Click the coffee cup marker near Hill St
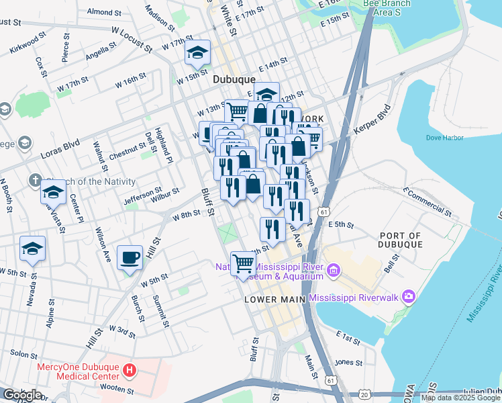(130, 257)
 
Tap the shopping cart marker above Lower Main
(243, 263)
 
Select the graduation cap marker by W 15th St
(198, 52)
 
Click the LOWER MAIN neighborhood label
(274, 298)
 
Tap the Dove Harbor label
(445, 138)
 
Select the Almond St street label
(104, 12)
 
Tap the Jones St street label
(349, 363)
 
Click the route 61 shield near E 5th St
(324, 212)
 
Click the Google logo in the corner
(22, 395)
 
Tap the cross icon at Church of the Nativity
(36, 181)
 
